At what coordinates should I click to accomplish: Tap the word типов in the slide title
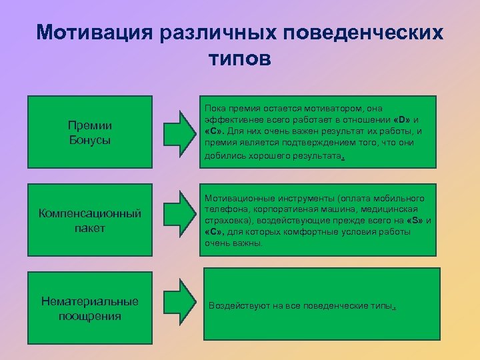coord(239,59)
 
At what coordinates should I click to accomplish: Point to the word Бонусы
coord(90,140)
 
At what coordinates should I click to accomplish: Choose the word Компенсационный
coord(90,214)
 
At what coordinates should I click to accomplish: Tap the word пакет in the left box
coord(90,228)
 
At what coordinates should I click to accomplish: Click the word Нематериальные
coord(90,301)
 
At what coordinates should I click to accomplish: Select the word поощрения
coord(90,315)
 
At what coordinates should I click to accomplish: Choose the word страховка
coord(225,221)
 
